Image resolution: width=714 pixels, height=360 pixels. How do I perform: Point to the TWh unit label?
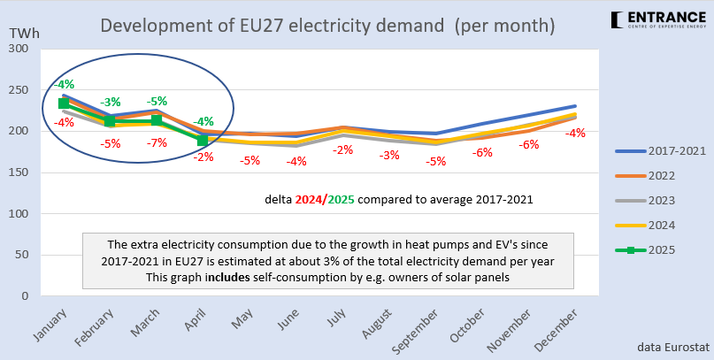pyautogui.click(x=23, y=34)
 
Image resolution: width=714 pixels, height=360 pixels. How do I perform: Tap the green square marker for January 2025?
pyautogui.click(x=64, y=103)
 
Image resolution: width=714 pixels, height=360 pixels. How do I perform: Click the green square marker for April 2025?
pyautogui.click(x=203, y=140)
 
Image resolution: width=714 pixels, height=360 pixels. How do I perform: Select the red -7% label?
pyautogui.click(x=157, y=143)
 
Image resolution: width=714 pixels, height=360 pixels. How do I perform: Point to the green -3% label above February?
pyautogui.click(x=111, y=103)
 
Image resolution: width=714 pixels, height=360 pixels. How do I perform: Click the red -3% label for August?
pyautogui.click(x=389, y=156)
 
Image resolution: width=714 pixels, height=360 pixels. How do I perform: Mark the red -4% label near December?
pyautogui.click(x=576, y=134)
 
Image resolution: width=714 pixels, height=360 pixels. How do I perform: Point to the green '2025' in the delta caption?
pyautogui.click(x=340, y=200)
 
